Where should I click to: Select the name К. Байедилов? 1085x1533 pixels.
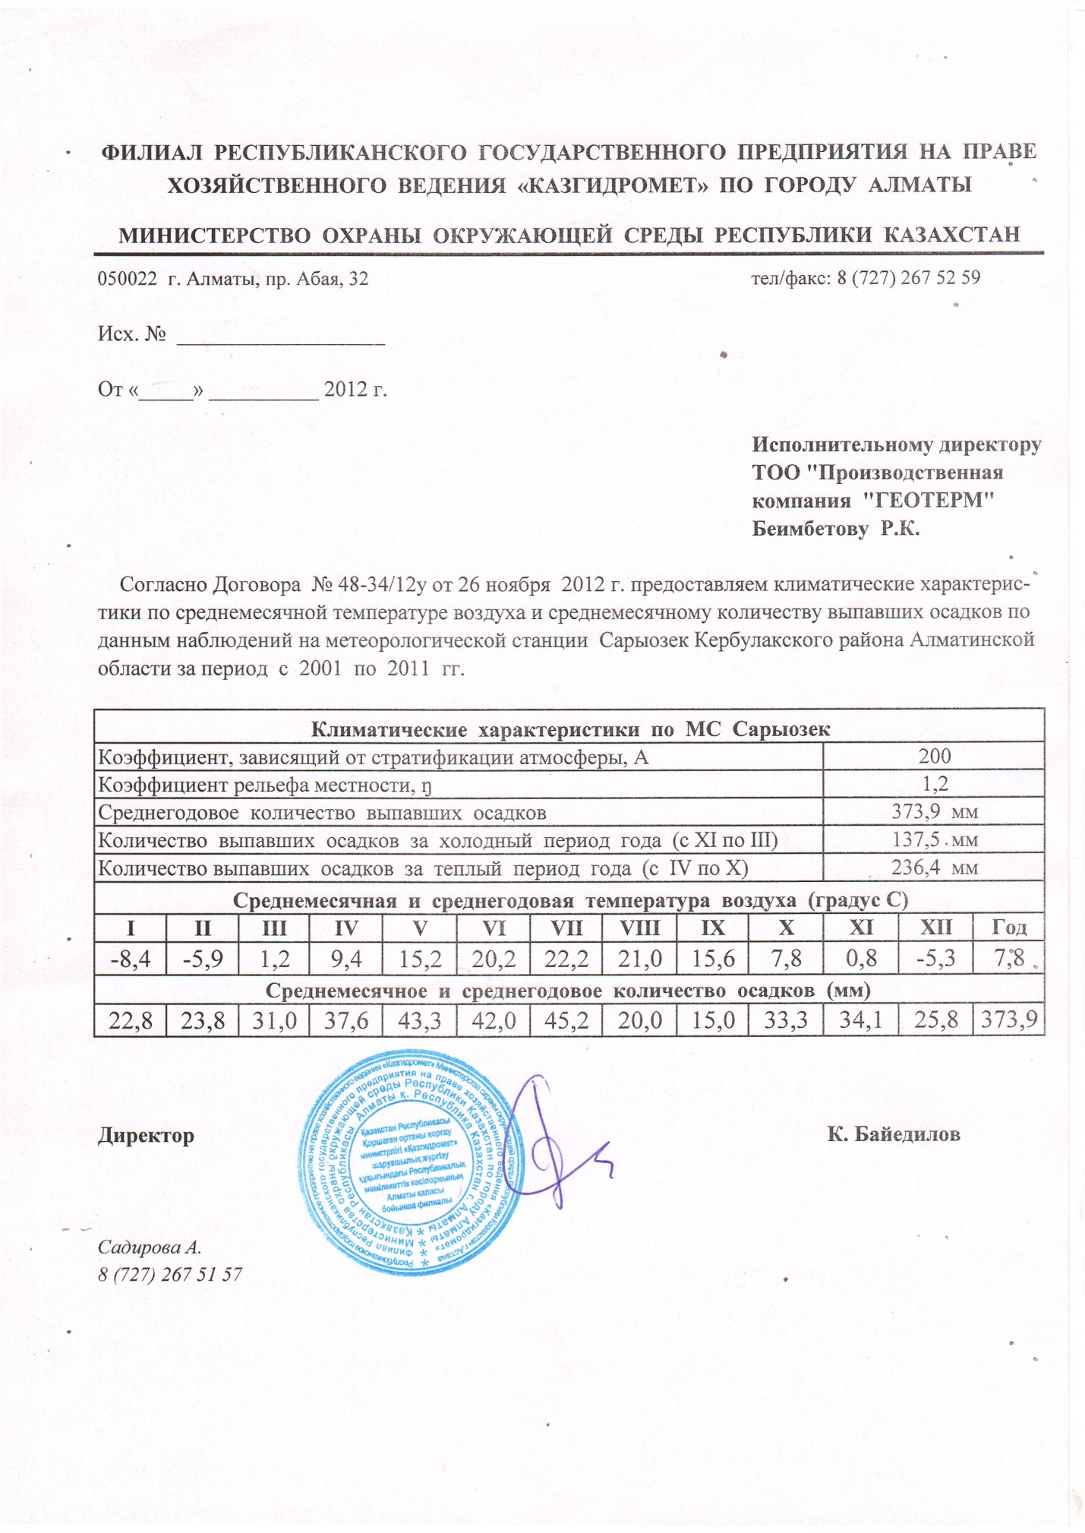click(894, 1135)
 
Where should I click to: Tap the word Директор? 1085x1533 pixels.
click(146, 1136)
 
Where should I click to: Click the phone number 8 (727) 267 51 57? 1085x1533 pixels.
click(170, 1274)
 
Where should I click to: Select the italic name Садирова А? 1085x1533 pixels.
click(150, 1247)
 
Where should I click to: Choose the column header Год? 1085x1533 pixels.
click(1009, 928)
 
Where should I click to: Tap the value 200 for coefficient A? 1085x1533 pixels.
click(934, 756)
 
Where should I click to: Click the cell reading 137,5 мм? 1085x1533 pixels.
click(934, 839)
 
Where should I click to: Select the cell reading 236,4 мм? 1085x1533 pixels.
click(934, 868)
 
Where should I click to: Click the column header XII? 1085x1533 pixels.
click(935, 928)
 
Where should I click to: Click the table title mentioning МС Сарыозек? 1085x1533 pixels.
click(570, 729)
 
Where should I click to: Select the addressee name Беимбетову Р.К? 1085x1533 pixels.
click(835, 529)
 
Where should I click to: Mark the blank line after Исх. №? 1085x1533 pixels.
click(281, 335)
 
